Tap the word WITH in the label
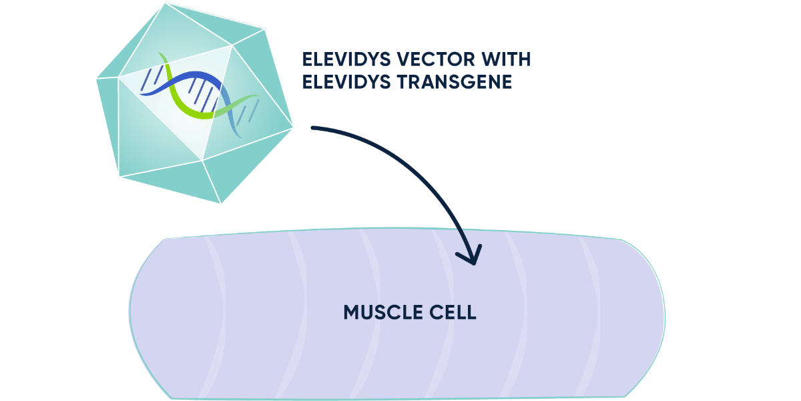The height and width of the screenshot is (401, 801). pos(508,59)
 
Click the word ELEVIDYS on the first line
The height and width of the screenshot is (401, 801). pos(343,59)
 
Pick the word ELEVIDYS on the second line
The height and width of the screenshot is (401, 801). pos(343,82)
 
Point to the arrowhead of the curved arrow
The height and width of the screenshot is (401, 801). pos(473,259)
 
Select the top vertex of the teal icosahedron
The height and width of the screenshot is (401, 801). pos(164,3)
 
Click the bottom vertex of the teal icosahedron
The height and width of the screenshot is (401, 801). pos(222,203)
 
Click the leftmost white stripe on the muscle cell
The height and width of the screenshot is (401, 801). pos(213,314)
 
